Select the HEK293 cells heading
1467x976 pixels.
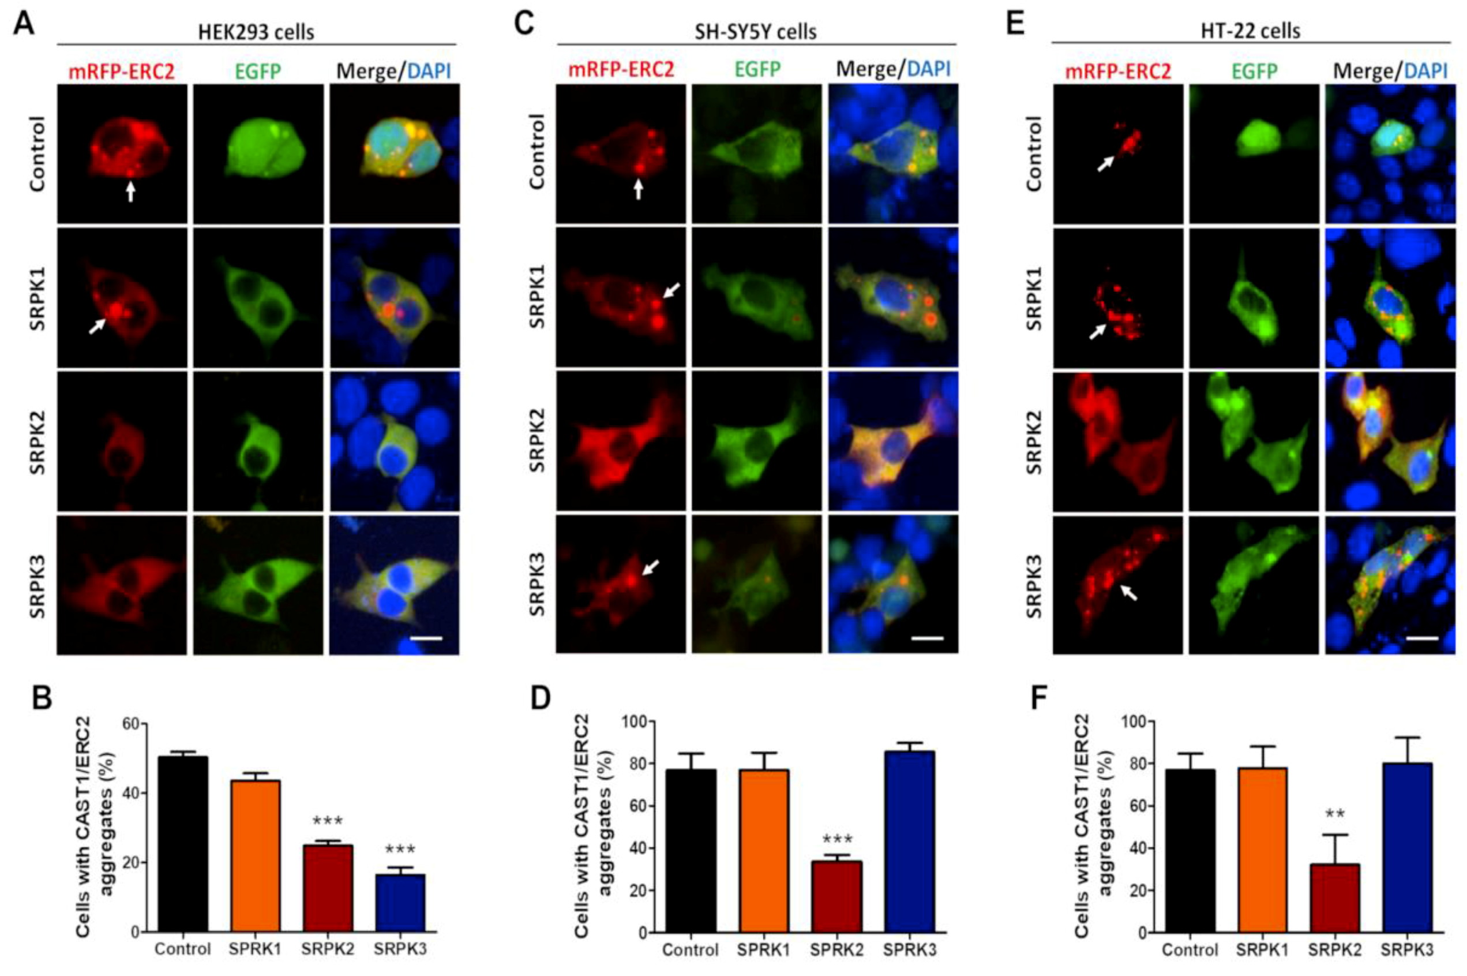point(256,32)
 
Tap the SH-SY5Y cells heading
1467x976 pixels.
point(755,31)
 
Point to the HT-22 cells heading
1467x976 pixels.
point(1251,31)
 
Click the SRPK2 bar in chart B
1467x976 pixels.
point(328,888)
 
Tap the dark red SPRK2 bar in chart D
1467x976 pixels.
point(837,896)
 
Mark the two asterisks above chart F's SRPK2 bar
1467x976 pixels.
point(1334,814)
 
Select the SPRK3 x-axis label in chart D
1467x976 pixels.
point(910,951)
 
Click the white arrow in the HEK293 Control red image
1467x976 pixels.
point(130,192)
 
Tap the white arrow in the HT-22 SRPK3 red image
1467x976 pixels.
point(1128,592)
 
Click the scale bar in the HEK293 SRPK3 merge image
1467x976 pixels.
point(426,638)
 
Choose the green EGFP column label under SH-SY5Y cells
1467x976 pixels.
point(757,70)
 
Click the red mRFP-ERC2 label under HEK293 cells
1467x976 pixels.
point(121,72)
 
